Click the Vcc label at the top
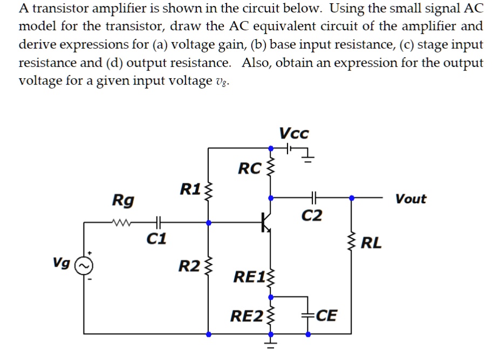pos(295,133)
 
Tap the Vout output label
pos(410,199)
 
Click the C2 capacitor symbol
pos(312,198)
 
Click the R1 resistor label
pos(190,189)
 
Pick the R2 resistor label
pos(189,266)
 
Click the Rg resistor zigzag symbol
pos(124,221)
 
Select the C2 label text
pos(312,216)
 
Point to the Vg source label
pos(61,262)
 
